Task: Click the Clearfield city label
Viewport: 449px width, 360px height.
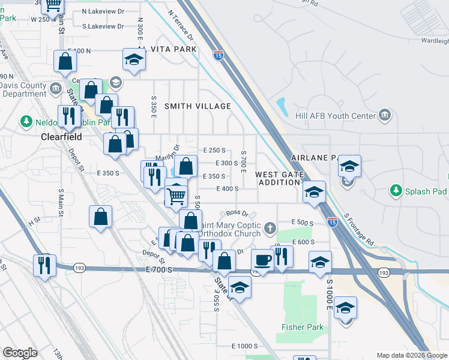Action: (61, 136)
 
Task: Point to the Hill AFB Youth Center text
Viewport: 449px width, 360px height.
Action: (335, 116)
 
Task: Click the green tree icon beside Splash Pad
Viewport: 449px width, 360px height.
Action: (396, 191)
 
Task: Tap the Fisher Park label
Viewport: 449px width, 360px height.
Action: (303, 328)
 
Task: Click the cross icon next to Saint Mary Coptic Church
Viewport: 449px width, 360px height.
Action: (270, 229)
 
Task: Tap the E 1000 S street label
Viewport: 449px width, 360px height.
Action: (244, 346)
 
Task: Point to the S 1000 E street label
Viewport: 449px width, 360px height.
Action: (330, 294)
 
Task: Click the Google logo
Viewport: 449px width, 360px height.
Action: (20, 353)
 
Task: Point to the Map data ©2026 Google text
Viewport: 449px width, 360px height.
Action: (411, 355)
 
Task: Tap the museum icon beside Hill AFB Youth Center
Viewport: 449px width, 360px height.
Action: (385, 115)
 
